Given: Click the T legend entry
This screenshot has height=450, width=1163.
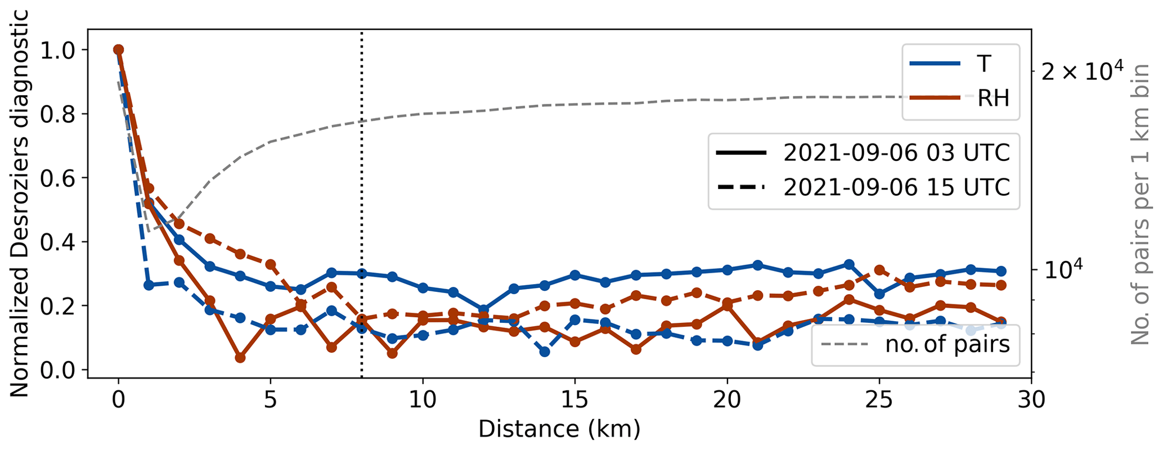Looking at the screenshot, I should coord(984,64).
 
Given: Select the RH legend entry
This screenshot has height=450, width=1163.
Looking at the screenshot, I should coord(993,99).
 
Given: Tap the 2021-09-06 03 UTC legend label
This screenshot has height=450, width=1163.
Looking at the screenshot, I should coord(897,153).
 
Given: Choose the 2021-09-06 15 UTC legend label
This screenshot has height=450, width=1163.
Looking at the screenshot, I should coord(897,187).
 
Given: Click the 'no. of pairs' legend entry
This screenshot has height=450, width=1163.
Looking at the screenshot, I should coord(948,344).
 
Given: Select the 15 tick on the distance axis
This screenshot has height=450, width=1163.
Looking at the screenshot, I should coord(574,400).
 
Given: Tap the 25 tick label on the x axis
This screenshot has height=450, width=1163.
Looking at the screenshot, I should coord(879,400).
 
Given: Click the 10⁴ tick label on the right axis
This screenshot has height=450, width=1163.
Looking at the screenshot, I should coord(1060,269).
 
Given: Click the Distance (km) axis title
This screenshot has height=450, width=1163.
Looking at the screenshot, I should coord(559,430).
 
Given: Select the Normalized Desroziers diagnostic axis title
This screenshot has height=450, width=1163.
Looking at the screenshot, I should coord(19,205).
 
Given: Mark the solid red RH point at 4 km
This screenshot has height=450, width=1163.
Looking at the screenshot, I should coord(240,357).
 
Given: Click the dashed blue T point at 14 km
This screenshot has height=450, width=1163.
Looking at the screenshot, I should coord(545,352).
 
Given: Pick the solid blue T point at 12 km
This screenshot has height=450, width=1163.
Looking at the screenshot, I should coord(483,310).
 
